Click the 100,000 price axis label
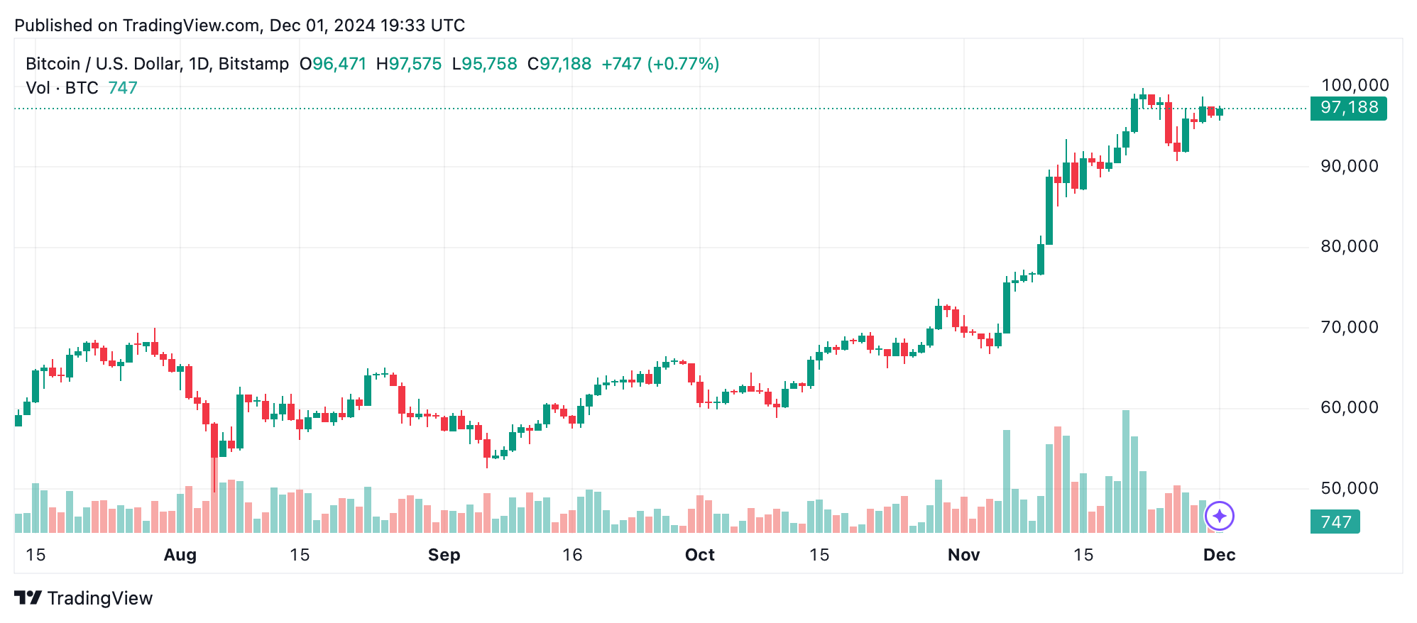pos(1355,86)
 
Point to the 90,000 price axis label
pos(1349,166)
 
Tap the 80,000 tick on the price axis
pos(1349,246)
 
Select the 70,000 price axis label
pos(1349,327)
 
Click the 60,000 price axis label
pos(1349,407)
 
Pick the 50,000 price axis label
pos(1349,488)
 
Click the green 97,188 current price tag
pos(1348,108)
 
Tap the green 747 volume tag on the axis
pos(1335,522)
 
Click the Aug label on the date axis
pos(180,555)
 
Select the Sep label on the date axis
pos(444,555)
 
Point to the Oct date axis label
pos(699,555)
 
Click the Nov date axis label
pos(963,555)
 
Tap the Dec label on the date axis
pos(1219,555)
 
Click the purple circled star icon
pos(1219,516)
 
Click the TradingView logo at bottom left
pos(84,598)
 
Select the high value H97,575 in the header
pos(409,64)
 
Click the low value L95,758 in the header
pos(485,64)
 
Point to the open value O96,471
pos(333,64)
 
